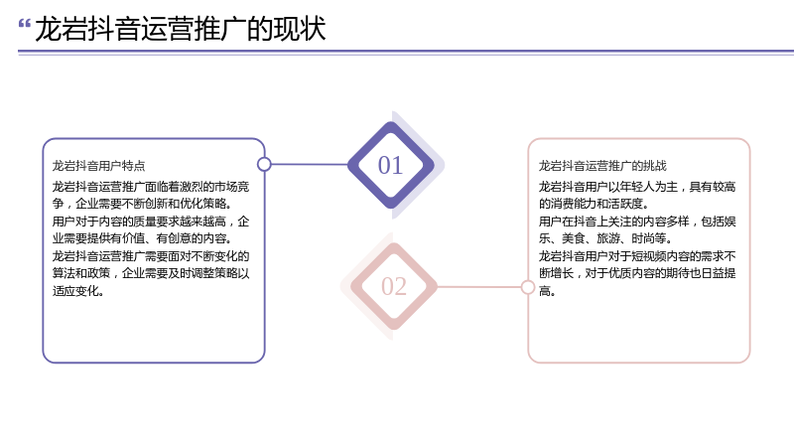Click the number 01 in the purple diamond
(x=390, y=165)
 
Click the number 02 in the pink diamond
(x=394, y=286)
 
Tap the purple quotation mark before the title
(x=24, y=23)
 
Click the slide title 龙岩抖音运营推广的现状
(x=181, y=29)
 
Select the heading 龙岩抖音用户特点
(x=98, y=166)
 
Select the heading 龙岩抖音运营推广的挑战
(x=602, y=166)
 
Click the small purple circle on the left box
(x=264, y=164)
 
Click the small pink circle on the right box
(x=528, y=287)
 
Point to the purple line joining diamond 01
(x=310, y=164)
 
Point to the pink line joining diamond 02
(x=479, y=287)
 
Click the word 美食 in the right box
(x=574, y=238)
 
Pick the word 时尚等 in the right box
(x=649, y=238)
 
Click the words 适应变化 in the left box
(x=75, y=291)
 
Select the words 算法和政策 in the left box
(x=81, y=273)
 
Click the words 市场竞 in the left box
(x=232, y=187)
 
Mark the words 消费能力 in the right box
(x=574, y=204)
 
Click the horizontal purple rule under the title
(x=406, y=52)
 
